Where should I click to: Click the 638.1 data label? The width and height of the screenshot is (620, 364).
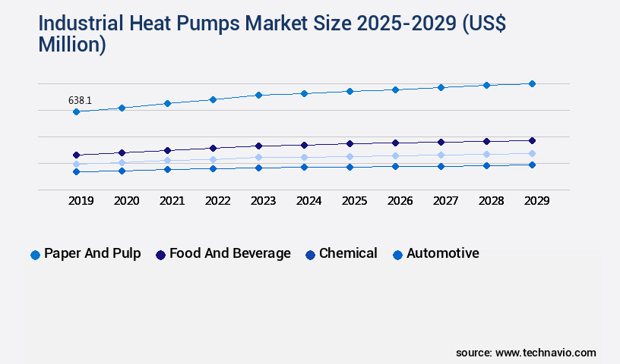click(81, 100)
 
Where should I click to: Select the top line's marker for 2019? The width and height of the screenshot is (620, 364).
click(76, 112)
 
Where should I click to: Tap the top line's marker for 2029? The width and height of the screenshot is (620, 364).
click(532, 83)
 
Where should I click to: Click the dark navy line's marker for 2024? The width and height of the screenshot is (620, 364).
click(304, 145)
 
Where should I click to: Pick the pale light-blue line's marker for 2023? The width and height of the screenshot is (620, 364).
click(258, 158)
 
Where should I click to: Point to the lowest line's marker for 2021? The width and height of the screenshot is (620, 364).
click(167, 169)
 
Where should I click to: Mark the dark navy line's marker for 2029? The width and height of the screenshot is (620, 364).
click(532, 140)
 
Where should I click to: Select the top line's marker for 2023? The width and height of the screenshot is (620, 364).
click(258, 95)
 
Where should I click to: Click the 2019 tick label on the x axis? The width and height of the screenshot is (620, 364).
click(81, 201)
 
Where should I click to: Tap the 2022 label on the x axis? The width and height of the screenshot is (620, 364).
click(217, 201)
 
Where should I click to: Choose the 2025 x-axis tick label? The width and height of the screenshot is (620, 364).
click(354, 201)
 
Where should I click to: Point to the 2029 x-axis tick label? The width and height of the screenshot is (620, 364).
click(536, 201)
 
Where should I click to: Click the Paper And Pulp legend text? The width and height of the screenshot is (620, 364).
click(92, 253)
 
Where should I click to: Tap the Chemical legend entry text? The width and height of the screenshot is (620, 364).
click(348, 253)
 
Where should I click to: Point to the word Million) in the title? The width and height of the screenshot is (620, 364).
click(72, 45)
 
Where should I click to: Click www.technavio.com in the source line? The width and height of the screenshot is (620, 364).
click(546, 353)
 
